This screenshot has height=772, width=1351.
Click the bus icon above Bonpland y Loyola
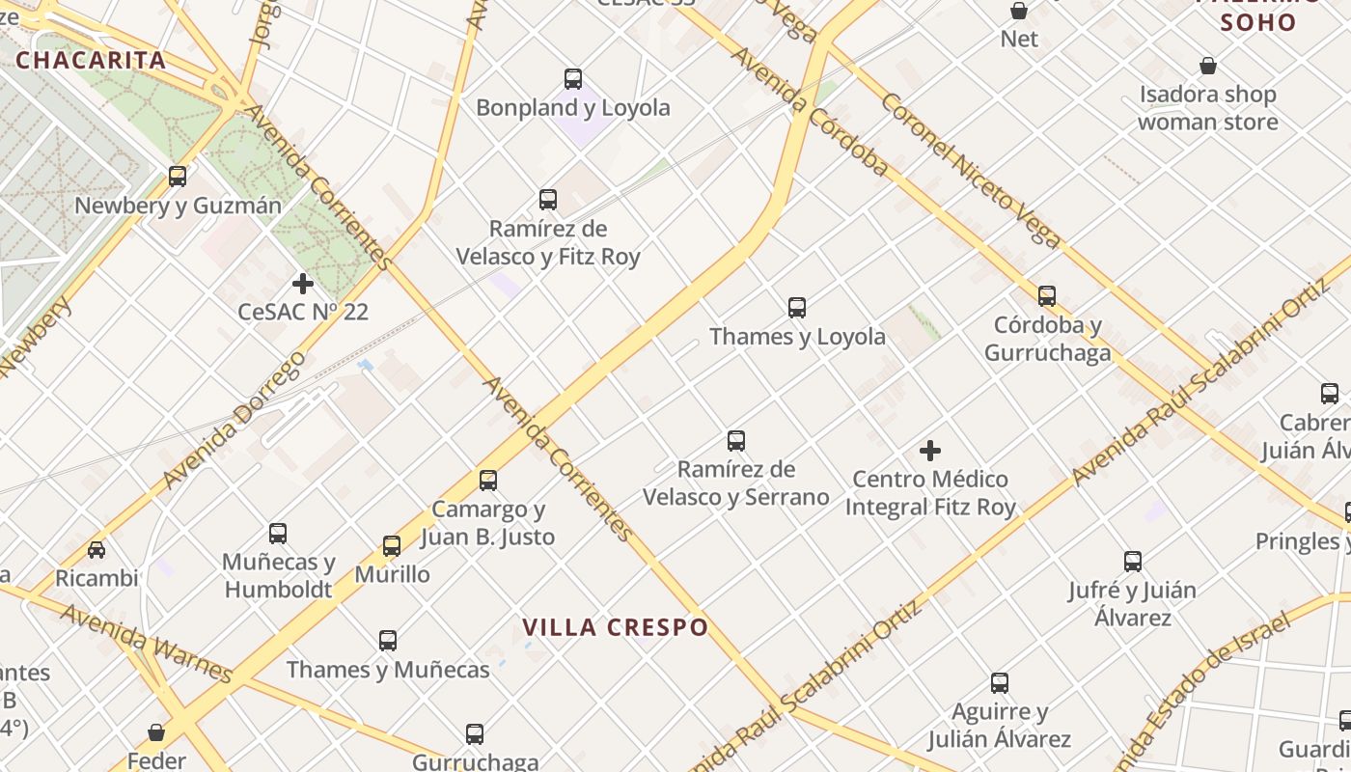(x=573, y=79)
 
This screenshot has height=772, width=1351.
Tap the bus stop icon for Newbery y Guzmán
(x=178, y=177)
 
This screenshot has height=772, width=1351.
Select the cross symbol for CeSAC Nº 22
(x=303, y=284)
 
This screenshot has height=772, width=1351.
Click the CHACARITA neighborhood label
(x=92, y=60)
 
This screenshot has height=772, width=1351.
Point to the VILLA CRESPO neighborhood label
(x=616, y=627)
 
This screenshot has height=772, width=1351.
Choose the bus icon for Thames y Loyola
(x=797, y=308)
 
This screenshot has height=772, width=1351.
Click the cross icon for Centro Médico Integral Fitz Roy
(x=930, y=451)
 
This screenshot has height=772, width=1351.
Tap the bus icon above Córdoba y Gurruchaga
(x=1047, y=296)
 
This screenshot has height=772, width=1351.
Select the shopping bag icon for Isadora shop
(x=1208, y=66)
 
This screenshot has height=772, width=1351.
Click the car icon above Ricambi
(x=96, y=550)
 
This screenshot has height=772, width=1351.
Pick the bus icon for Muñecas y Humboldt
(x=278, y=533)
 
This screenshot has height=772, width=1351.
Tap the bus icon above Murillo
(x=392, y=546)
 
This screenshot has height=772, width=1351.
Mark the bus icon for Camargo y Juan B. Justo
(x=488, y=480)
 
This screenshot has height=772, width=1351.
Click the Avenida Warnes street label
(x=146, y=642)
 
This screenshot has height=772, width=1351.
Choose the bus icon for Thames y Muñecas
(x=388, y=640)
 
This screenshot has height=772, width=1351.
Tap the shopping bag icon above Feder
(x=156, y=733)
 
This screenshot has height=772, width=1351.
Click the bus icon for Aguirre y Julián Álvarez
(x=1000, y=683)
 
